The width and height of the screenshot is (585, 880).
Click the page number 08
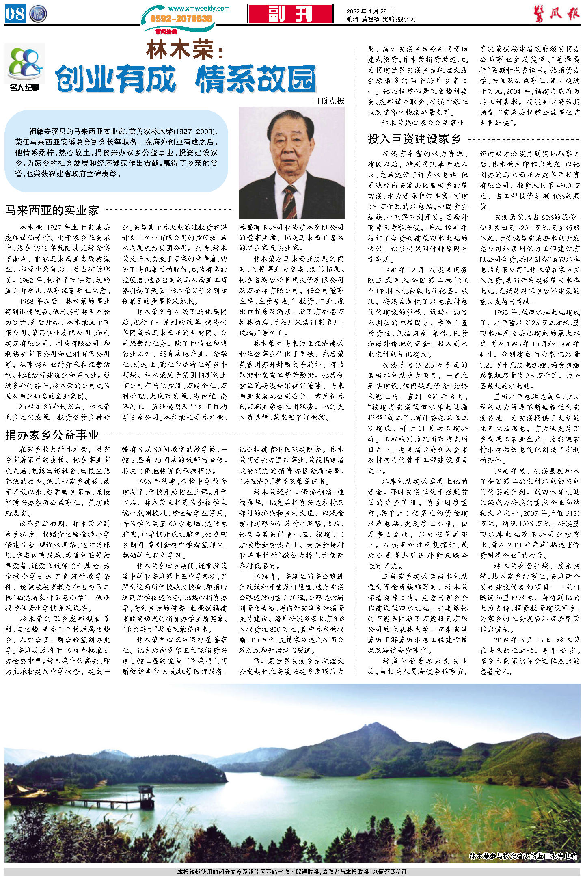pyautogui.click(x=15, y=13)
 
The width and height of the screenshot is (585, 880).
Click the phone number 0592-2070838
pyautogui.click(x=181, y=19)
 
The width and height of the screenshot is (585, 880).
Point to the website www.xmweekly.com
pyautogui.click(x=199, y=8)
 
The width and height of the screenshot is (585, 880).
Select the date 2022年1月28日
pyautogui.click(x=370, y=11)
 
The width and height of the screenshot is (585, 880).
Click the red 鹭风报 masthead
pyautogui.click(x=556, y=14)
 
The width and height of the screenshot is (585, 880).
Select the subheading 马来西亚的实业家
pyautogui.click(x=52, y=210)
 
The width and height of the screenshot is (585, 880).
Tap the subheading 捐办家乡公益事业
pyautogui.click(x=52, y=435)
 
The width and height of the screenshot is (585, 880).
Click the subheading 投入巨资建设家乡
pyautogui.click(x=414, y=139)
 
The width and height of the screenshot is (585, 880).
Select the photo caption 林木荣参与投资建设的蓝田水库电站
pyautogui.click(x=522, y=856)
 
